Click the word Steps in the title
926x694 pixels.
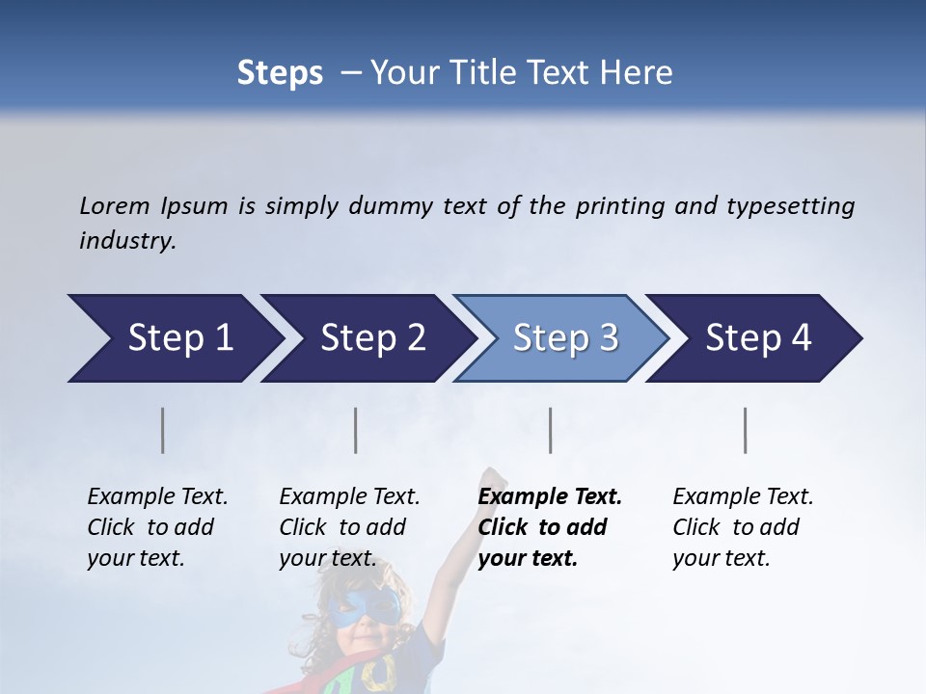(x=280, y=73)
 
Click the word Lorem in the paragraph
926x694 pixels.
(x=115, y=205)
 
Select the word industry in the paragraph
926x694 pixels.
(x=127, y=241)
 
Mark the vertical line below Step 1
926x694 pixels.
(x=163, y=430)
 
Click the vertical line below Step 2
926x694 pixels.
(x=356, y=430)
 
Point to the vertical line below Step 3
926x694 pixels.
(x=551, y=430)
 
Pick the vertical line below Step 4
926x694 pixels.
(x=746, y=430)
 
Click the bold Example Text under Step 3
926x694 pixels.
(x=550, y=497)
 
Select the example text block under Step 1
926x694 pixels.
(x=157, y=527)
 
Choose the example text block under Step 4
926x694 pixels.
(x=743, y=527)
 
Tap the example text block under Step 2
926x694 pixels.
(x=349, y=527)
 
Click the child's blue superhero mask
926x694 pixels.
(x=364, y=607)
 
